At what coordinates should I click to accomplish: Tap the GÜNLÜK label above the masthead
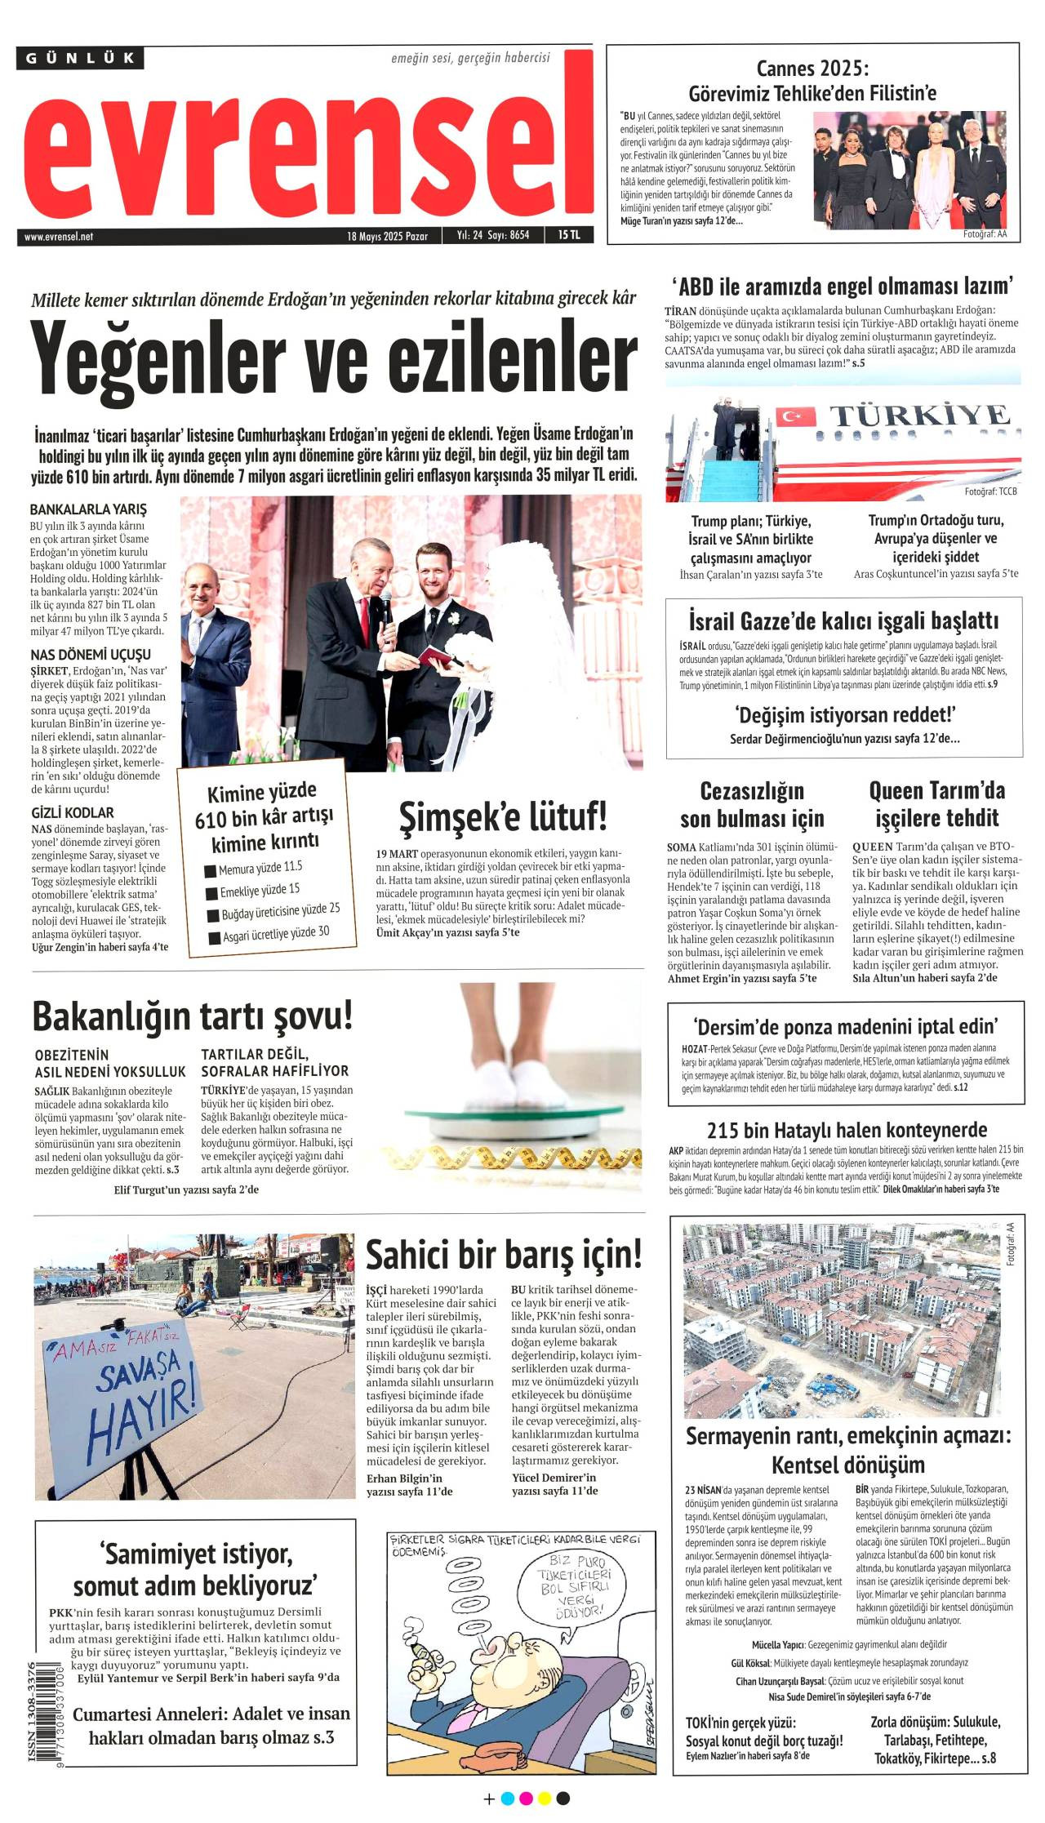coord(80,58)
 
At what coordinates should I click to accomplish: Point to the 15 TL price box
coord(569,235)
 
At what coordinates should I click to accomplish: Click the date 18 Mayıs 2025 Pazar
coord(387,236)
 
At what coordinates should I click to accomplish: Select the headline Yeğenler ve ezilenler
coord(333,357)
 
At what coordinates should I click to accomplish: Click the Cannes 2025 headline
coord(812,80)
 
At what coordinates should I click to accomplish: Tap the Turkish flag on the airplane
coord(794,416)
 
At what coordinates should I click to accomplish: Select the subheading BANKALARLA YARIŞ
coord(88,509)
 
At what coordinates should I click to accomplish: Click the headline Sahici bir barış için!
coord(504,1255)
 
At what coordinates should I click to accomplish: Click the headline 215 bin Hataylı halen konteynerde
coord(847,1130)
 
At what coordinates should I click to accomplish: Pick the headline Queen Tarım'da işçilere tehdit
coord(936,804)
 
